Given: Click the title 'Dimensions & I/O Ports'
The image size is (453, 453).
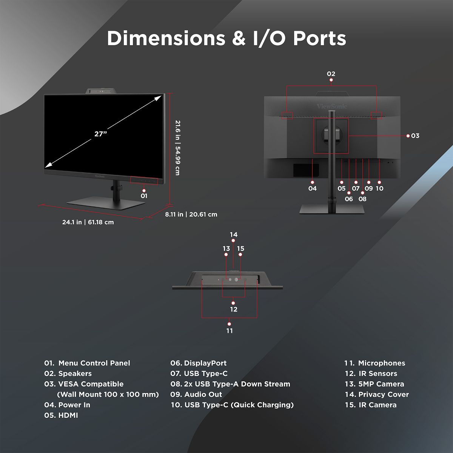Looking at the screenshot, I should tap(226, 39).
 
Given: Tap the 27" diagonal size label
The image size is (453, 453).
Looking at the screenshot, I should tap(101, 134).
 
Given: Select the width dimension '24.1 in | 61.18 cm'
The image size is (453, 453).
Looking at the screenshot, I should tap(88, 222).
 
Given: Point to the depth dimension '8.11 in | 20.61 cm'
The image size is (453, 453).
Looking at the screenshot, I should tap(191, 214).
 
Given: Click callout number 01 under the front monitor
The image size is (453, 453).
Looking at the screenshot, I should tap(144, 196).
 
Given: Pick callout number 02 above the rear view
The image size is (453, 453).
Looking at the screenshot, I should tap(331, 74).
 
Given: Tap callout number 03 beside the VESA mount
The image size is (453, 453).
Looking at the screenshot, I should tap(415, 136).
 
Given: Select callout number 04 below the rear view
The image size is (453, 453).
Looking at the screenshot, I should tap(313, 188).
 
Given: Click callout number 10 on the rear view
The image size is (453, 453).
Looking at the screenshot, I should tap(379, 188).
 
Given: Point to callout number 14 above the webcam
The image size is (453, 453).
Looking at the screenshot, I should tap(234, 235).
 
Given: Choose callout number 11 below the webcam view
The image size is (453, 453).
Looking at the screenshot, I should tap(230, 331).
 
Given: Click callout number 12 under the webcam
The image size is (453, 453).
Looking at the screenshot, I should tap(234, 309).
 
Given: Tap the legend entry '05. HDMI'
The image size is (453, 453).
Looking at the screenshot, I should tap(61, 415).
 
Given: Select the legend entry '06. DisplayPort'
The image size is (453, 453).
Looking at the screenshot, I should tap(199, 363).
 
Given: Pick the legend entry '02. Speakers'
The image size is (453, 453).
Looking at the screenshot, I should tap(68, 374).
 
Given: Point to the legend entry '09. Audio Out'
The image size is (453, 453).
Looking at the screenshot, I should tap(196, 394).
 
